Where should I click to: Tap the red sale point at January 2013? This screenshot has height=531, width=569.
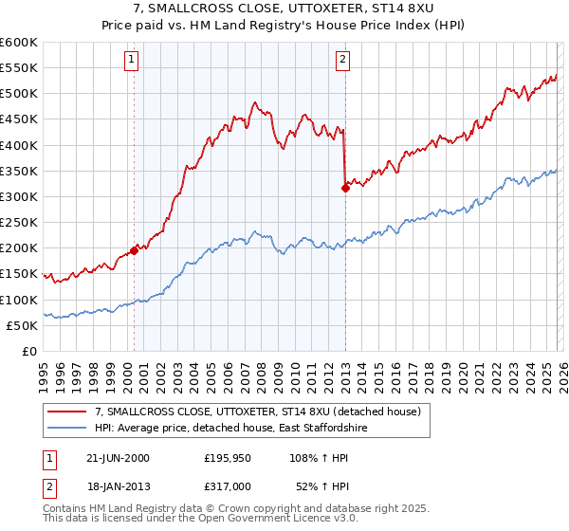click(345, 188)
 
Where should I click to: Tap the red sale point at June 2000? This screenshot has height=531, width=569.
click(134, 249)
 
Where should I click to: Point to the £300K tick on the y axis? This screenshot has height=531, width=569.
click(19, 197)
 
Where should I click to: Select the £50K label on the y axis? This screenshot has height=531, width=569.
click(22, 325)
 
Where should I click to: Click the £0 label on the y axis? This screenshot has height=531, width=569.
click(28, 352)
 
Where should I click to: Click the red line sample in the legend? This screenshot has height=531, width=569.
click(67, 411)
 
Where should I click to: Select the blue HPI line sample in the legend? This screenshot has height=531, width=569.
click(67, 429)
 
